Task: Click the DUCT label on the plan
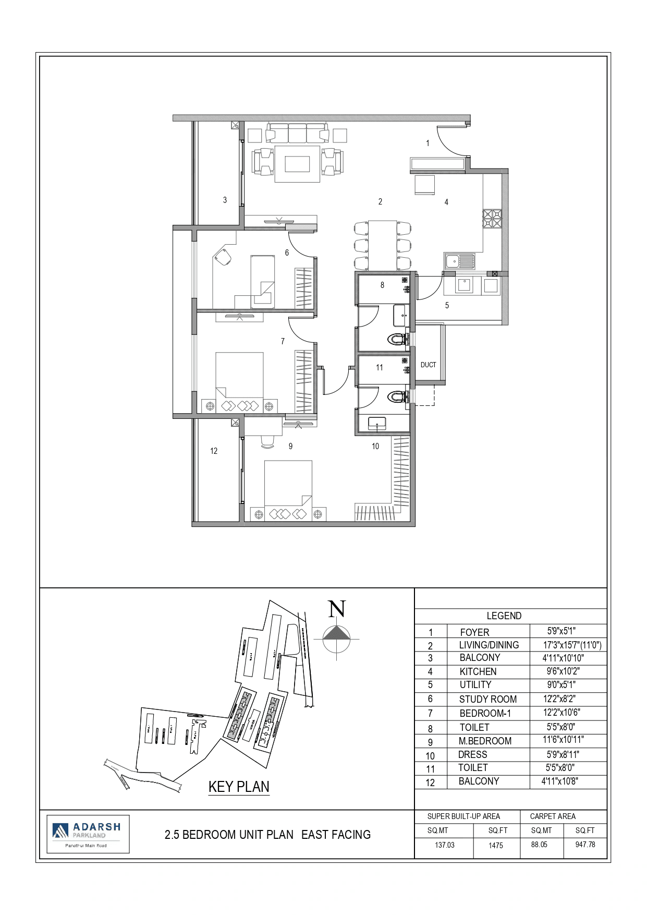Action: tap(428, 365)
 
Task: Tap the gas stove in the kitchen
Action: tap(492, 219)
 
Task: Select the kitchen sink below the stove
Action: tap(459, 260)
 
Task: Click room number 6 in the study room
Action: tap(287, 252)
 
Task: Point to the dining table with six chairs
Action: tap(382, 244)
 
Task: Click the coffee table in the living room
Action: tap(297, 164)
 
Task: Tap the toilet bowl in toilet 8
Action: tap(399, 341)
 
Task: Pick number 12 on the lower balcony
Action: tap(214, 451)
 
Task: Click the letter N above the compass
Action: tap(337, 609)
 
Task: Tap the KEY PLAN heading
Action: tap(239, 786)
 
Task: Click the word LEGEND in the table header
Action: tap(504, 616)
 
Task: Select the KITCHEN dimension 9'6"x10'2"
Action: tap(563, 671)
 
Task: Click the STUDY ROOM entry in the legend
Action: tap(487, 699)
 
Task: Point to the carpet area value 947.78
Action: tap(585, 844)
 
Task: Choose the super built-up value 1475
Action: tap(496, 845)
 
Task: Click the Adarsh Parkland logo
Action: tap(88, 834)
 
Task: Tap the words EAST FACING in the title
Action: tap(336, 835)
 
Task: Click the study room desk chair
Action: tap(224, 257)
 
